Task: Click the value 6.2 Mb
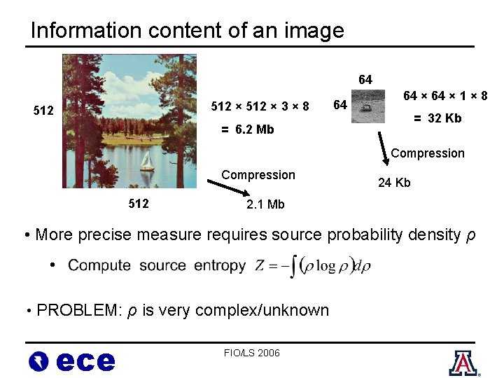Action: [x=248, y=129]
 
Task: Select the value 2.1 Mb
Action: [x=265, y=204]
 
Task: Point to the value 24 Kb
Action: [x=394, y=183]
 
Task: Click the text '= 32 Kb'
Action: [x=437, y=118]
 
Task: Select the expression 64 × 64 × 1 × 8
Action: [x=445, y=96]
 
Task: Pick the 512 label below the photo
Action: [x=139, y=204]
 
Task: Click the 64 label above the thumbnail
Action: [x=365, y=80]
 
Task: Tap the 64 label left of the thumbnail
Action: [x=340, y=106]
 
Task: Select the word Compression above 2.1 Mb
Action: [x=258, y=175]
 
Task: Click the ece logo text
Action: [x=85, y=361]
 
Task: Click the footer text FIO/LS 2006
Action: [x=252, y=353]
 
